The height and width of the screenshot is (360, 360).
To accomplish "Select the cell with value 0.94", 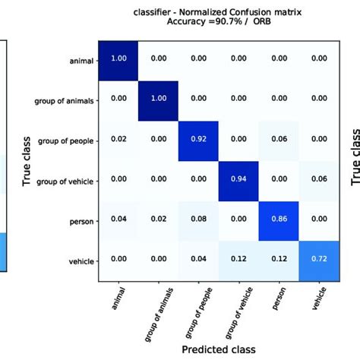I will [241, 180].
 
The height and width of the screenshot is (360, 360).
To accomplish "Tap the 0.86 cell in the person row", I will [282, 219].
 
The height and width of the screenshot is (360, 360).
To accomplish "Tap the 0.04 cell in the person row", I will [118, 219].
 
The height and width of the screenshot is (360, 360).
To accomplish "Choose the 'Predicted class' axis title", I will [219, 349].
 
